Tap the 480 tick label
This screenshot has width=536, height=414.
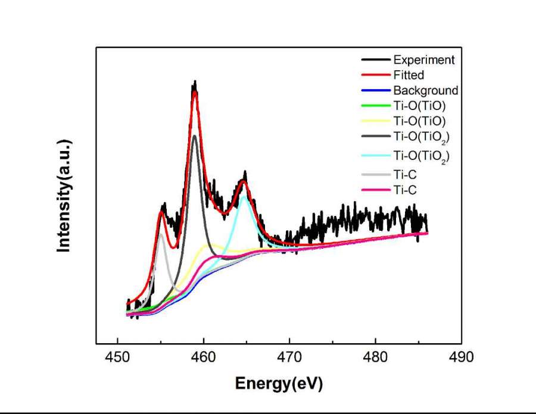pyautogui.click(x=375, y=357)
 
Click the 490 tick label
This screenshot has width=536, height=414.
pyautogui.click(x=462, y=357)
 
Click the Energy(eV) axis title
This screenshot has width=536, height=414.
pyautogui.click(x=279, y=384)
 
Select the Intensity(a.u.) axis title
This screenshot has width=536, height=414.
pyautogui.click(x=64, y=196)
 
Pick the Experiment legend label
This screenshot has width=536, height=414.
pyautogui.click(x=423, y=59)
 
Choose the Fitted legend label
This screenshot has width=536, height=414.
pyautogui.click(x=409, y=75)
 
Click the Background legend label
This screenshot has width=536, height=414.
pyautogui.click(x=425, y=90)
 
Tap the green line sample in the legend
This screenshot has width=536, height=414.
pyautogui.click(x=375, y=106)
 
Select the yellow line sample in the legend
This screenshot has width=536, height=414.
pyautogui.click(x=375, y=121)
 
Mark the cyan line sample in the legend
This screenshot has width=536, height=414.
pyautogui.click(x=375, y=156)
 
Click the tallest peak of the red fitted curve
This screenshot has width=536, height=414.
pyautogui.click(x=194, y=92)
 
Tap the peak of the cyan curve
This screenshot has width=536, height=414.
pyautogui.click(x=244, y=196)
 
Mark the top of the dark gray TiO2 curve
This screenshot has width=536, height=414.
pyautogui.click(x=194, y=136)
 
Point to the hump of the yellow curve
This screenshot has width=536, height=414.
pyautogui.click(x=208, y=244)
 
